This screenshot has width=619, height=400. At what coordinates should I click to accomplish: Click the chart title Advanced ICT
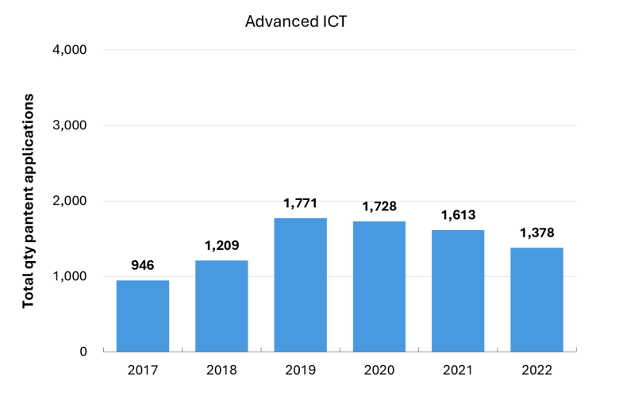(x=296, y=21)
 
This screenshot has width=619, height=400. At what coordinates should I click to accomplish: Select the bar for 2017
(x=143, y=316)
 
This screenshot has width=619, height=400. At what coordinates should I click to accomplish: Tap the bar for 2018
(x=221, y=306)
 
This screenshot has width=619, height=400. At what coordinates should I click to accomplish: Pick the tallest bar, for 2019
(x=301, y=285)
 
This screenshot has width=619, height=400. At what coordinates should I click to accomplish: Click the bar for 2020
(x=379, y=287)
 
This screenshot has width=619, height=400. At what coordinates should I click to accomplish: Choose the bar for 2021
(x=458, y=290)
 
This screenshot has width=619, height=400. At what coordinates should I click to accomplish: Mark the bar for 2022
(x=537, y=300)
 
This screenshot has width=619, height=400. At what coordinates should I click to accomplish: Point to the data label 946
(x=143, y=265)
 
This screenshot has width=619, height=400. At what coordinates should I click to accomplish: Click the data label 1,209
(x=222, y=245)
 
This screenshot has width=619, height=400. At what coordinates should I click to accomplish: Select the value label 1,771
(x=301, y=203)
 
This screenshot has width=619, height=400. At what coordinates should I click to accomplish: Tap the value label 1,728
(x=379, y=206)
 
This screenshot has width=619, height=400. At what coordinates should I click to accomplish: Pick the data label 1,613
(x=459, y=215)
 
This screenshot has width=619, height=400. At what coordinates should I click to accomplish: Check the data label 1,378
(x=537, y=233)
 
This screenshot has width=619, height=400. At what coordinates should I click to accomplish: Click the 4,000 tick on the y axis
(x=70, y=50)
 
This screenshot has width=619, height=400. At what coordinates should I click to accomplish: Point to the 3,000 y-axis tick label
(x=70, y=125)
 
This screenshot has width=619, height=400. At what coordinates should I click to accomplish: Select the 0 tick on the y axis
(x=83, y=352)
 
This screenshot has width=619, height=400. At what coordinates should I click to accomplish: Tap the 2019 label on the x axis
(x=301, y=370)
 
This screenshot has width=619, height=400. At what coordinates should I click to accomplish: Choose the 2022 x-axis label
(x=537, y=370)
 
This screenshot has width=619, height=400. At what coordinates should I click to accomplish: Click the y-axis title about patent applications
(x=28, y=201)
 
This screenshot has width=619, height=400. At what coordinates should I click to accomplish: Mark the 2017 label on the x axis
(x=143, y=370)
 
